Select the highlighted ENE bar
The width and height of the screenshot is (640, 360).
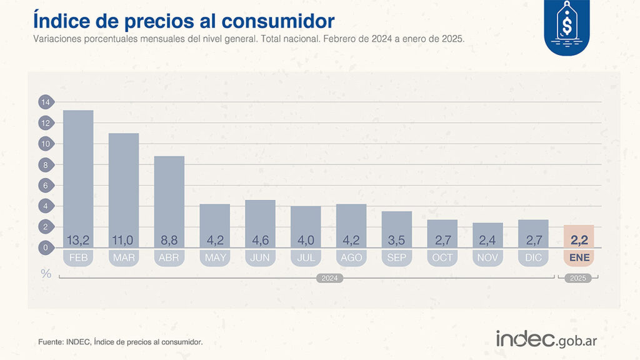pyautogui.click(x=579, y=236)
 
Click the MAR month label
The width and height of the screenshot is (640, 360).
pyautogui.click(x=124, y=257)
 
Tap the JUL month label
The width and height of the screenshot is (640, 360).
pyautogui.click(x=306, y=257)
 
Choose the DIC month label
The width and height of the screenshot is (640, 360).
pyautogui.click(x=533, y=257)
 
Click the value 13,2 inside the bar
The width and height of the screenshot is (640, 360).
pyautogui.click(x=78, y=240)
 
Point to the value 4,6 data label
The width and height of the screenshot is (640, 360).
pyautogui.click(x=260, y=240)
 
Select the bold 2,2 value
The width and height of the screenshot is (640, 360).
pyautogui.click(x=579, y=240)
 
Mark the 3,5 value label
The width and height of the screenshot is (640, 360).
pyautogui.click(x=397, y=240)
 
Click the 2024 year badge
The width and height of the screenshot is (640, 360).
pyautogui.click(x=328, y=278)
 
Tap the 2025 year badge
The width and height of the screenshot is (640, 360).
pyautogui.click(x=579, y=278)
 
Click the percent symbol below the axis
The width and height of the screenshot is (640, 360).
pyautogui.click(x=46, y=273)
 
